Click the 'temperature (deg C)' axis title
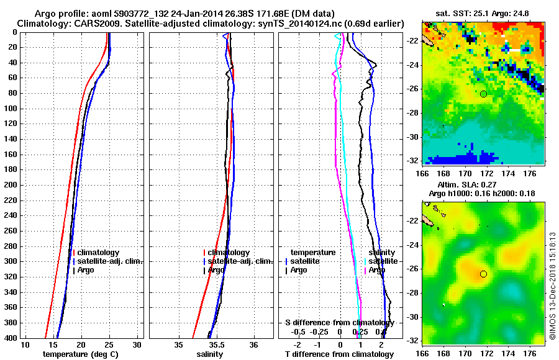tap(80, 354)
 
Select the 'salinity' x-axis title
tap(211, 354)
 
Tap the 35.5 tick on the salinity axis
tap(216, 344)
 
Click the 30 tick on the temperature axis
tap(137, 344)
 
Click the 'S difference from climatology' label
tap(339, 323)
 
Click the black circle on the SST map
tap(483, 94)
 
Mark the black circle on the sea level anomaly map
tap(483, 274)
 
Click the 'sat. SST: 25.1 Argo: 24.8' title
tap(484, 14)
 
